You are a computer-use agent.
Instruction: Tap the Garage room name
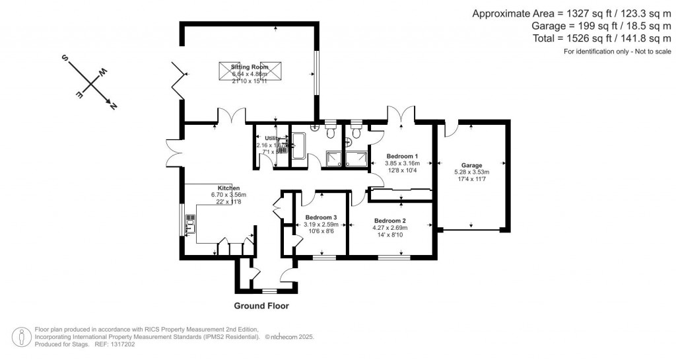(471, 166)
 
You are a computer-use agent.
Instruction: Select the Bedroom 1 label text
(402, 156)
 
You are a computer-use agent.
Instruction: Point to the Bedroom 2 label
(389, 221)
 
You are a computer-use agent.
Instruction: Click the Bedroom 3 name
(321, 217)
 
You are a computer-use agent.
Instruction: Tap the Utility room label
(273, 138)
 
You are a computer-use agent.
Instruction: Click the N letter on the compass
(113, 106)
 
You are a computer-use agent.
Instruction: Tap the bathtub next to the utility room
(298, 145)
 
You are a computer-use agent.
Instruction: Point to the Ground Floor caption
(261, 306)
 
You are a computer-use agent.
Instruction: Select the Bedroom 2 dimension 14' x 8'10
(389, 235)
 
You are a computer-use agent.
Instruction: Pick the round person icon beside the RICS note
(23, 336)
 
